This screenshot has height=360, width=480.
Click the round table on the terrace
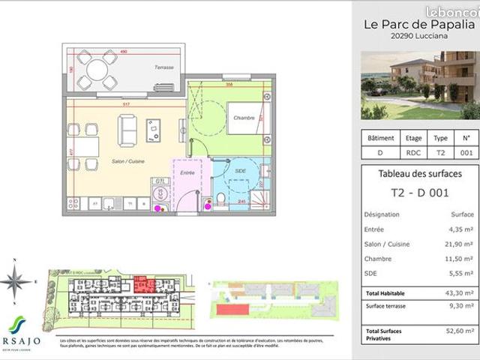(97, 69)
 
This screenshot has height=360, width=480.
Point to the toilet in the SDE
(223, 197)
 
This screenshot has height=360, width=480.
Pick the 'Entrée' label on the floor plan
(187, 172)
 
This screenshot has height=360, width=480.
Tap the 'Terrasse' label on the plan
(164, 68)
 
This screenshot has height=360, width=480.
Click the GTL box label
(158, 181)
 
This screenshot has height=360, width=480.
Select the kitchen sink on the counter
(109, 202)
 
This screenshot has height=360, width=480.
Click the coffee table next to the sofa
(155, 130)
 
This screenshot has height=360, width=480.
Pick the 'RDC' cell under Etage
(414, 152)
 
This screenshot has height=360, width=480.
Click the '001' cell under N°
(466, 152)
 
